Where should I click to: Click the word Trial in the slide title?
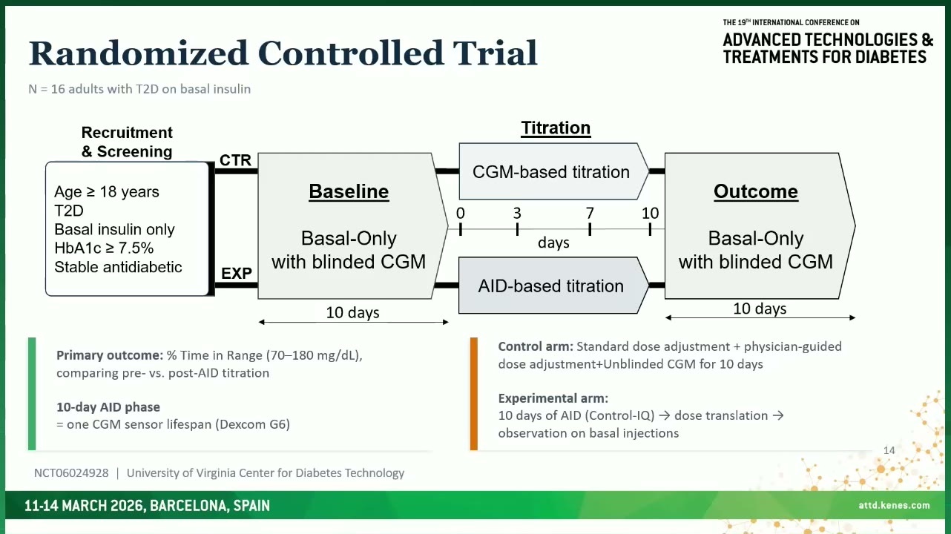click(x=496, y=53)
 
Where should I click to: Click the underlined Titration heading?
click(x=556, y=128)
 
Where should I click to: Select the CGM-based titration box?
click(x=553, y=171)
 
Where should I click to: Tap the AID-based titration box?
click(x=553, y=286)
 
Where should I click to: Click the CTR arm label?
click(x=235, y=160)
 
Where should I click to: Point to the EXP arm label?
click(x=236, y=274)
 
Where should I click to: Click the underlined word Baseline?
click(x=349, y=191)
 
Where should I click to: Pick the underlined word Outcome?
click(x=756, y=191)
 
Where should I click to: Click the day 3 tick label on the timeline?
click(x=517, y=213)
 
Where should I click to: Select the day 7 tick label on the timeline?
click(x=590, y=213)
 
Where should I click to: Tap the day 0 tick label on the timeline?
click(x=460, y=213)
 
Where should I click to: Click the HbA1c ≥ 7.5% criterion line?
click(x=104, y=248)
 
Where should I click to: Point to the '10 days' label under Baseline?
click(x=352, y=312)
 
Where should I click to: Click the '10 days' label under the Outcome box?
click(x=760, y=309)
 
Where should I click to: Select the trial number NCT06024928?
click(x=71, y=473)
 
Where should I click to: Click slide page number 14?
click(x=889, y=450)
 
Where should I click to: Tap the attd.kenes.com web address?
click(x=894, y=505)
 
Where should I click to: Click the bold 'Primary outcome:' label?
click(x=110, y=355)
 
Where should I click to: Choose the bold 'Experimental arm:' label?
click(x=553, y=398)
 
